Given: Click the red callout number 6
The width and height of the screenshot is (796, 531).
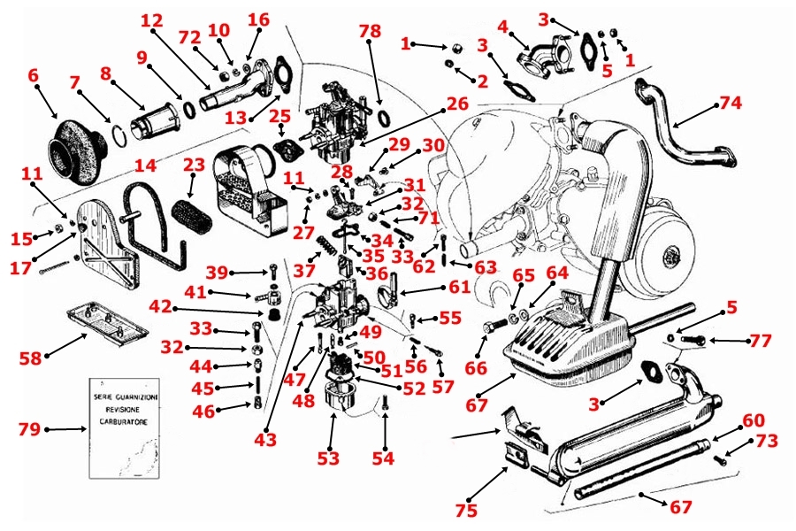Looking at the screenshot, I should click(x=34, y=76).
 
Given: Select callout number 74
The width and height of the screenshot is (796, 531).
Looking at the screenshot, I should click(x=730, y=102).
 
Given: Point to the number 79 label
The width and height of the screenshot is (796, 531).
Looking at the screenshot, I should click(x=29, y=430).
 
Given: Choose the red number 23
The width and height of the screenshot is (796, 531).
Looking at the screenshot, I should click(x=194, y=165).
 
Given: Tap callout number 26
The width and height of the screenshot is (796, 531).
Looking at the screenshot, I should click(x=457, y=104).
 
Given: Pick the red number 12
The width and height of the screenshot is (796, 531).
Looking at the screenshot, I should click(x=152, y=19).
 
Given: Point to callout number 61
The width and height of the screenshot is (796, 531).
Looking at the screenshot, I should click(x=459, y=286).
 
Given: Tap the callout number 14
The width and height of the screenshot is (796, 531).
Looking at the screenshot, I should click(x=145, y=165).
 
